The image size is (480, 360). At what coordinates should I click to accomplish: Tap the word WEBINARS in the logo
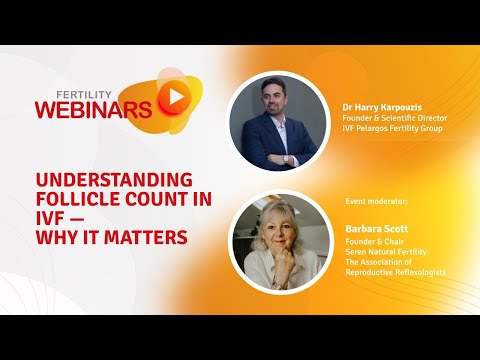[x=95, y=107]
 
